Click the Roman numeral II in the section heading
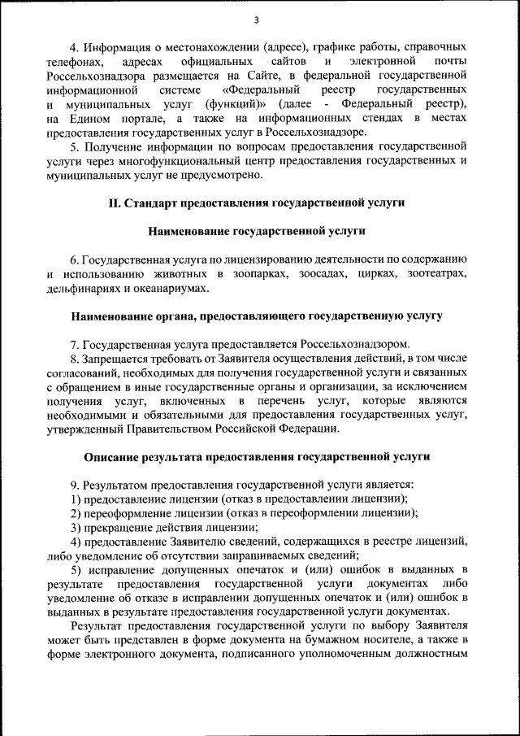(116, 203)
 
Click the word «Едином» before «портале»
(91, 119)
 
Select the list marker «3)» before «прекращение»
(76, 526)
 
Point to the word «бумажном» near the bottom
(360, 640)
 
